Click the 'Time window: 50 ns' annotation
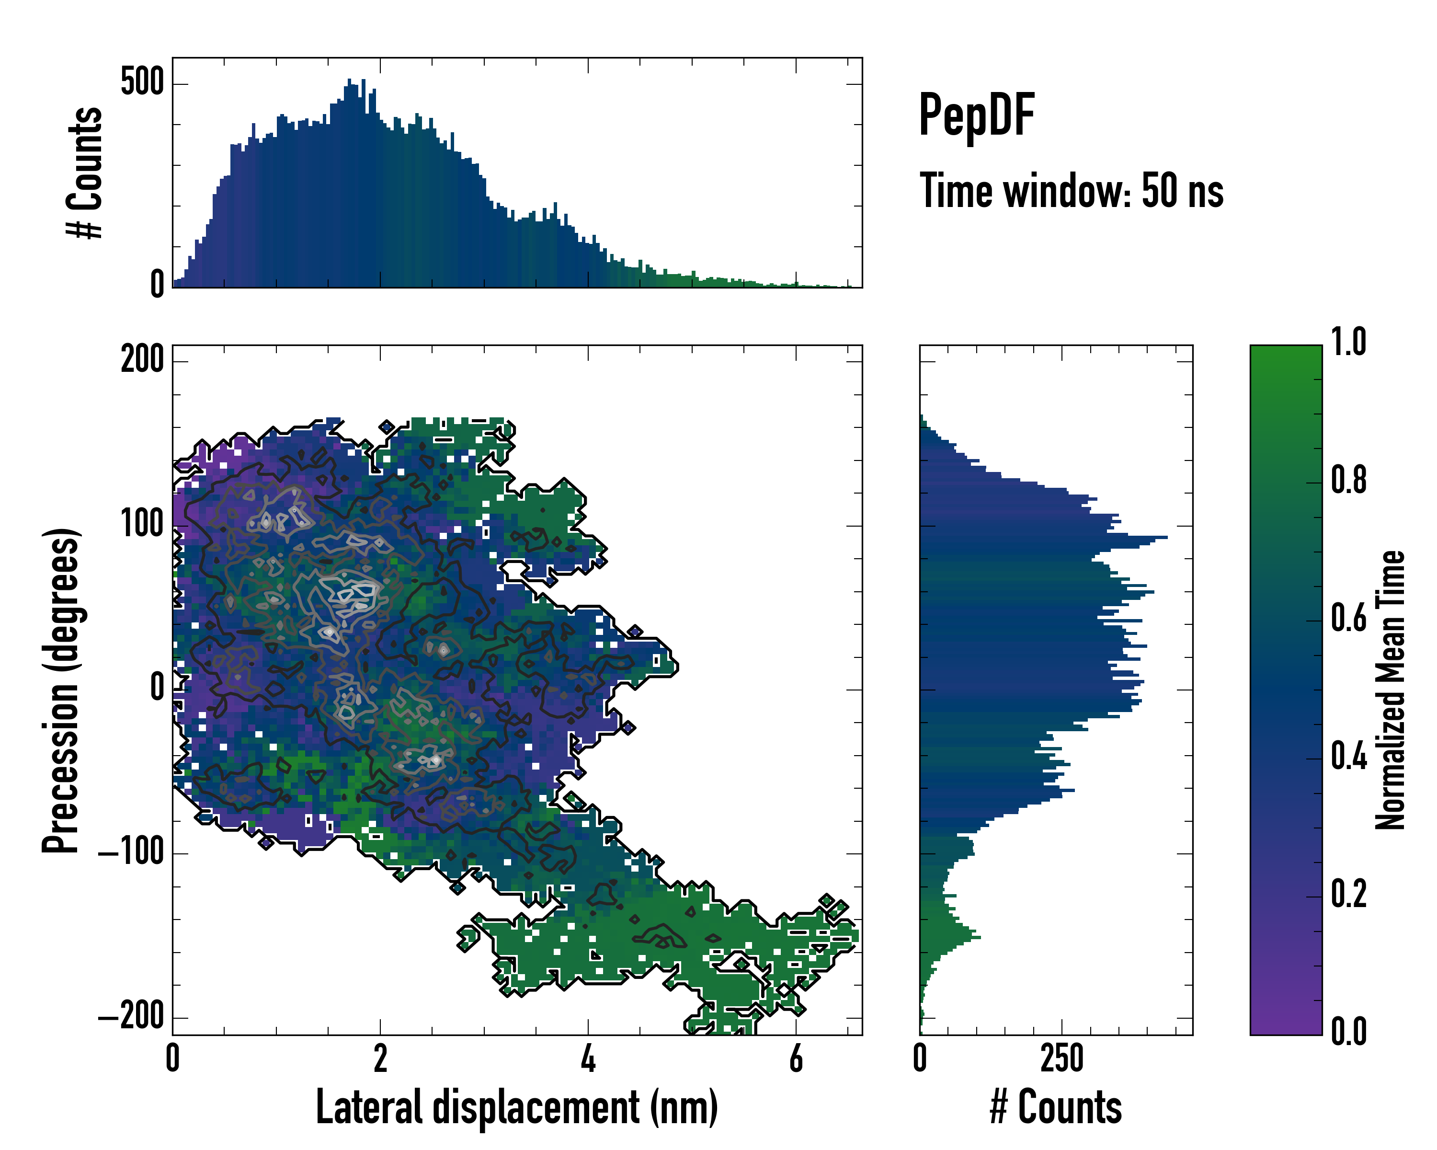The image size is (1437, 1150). click(1071, 191)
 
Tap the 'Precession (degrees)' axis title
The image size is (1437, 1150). click(61, 690)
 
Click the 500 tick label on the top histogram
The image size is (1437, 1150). click(142, 83)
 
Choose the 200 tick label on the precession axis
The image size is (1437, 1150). click(142, 361)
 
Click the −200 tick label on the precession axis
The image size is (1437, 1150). click(131, 1017)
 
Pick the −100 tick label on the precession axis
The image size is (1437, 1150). click(131, 853)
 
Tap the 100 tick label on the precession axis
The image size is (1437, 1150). click(142, 525)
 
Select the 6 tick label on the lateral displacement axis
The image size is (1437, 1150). click(796, 1058)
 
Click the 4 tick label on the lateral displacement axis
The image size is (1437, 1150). click(588, 1058)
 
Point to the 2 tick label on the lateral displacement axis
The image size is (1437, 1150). click(380, 1058)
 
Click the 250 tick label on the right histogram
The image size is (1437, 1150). click(1062, 1058)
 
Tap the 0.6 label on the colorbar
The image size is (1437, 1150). click(1348, 619)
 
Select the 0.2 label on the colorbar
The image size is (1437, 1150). click(1348, 894)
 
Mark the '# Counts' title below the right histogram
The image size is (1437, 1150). click(1056, 1107)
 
